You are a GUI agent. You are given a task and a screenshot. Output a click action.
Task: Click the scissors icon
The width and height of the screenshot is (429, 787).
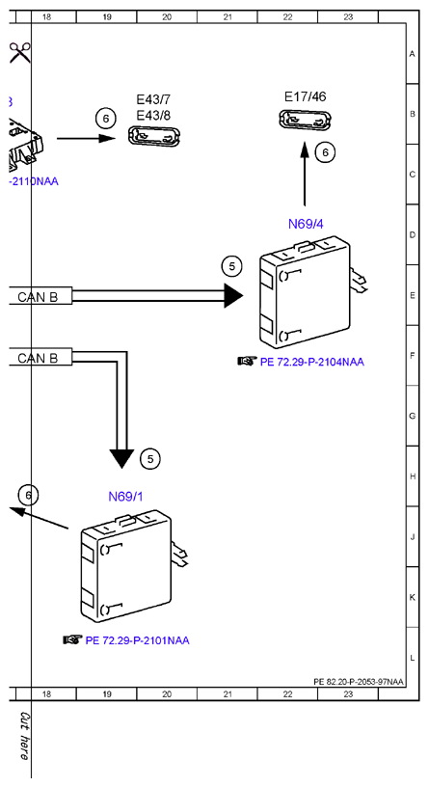tap(20, 52)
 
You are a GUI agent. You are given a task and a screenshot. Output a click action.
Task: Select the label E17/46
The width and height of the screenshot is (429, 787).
tap(305, 96)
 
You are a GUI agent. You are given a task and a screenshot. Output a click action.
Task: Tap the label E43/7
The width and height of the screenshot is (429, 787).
tap(153, 99)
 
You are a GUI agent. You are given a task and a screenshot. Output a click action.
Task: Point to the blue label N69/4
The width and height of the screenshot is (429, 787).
tap(306, 224)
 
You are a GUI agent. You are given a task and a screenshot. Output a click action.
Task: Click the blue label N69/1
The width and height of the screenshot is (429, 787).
tap(125, 497)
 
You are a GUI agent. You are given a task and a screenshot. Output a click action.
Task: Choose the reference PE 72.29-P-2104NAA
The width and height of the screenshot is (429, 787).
tap(311, 362)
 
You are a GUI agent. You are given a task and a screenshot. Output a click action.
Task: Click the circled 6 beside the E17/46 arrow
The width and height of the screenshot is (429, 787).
tap(326, 152)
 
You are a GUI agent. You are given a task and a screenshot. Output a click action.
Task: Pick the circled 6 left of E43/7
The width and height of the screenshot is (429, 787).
tap(105, 119)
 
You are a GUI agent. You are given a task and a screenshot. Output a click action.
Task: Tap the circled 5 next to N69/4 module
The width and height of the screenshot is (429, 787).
tap(231, 266)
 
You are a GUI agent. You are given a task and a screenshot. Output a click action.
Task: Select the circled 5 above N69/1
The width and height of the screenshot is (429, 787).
tap(150, 458)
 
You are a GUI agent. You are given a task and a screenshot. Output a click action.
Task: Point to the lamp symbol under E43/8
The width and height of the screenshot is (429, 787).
tap(154, 137)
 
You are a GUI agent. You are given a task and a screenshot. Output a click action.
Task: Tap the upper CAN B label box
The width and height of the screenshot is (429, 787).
tap(40, 297)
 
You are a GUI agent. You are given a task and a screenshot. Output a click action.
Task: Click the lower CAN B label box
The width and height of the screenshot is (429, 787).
tap(40, 358)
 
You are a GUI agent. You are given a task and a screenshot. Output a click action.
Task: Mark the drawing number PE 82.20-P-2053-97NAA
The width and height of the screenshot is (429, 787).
tap(359, 682)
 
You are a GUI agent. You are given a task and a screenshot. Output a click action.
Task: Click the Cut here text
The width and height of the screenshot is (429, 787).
tap(24, 735)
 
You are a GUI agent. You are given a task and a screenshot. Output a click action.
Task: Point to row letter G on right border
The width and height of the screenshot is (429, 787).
tap(413, 416)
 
